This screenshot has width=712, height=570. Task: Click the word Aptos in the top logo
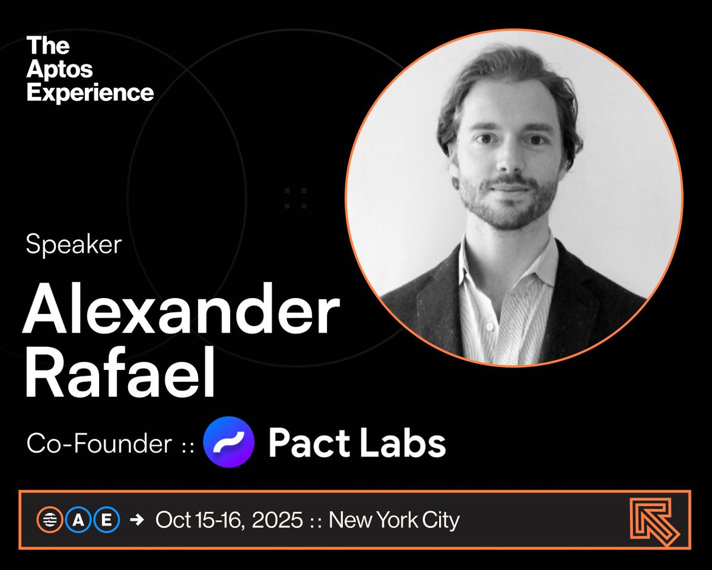tap(60, 69)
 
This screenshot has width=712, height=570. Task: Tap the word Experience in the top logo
tap(90, 93)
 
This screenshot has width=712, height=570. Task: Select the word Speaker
tap(74, 244)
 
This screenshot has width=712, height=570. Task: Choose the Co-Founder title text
tap(98, 444)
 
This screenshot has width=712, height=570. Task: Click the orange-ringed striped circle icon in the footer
tap(49, 520)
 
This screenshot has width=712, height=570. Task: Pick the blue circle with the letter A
tap(78, 520)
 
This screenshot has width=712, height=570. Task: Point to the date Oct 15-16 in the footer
tap(199, 520)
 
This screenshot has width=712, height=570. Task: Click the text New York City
tap(394, 520)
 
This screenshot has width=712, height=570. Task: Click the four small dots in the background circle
tap(295, 198)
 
